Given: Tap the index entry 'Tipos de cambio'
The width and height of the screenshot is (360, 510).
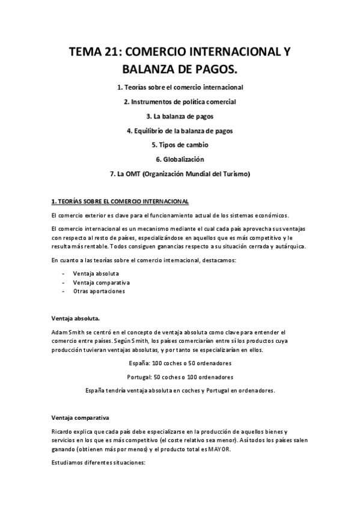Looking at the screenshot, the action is click(x=180, y=144).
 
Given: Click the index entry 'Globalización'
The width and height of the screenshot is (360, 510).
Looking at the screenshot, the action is click(x=180, y=159).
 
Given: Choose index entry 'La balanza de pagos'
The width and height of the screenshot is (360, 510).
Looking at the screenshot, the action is click(x=180, y=115).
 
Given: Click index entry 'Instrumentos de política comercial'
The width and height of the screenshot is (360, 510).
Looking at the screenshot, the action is click(x=180, y=101).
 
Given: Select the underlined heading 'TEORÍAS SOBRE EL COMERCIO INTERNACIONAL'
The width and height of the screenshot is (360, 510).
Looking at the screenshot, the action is click(x=124, y=201).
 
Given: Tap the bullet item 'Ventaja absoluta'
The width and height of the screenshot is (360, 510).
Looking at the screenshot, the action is click(x=96, y=274).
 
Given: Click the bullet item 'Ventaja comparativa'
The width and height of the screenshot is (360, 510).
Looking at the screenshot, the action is click(x=102, y=282).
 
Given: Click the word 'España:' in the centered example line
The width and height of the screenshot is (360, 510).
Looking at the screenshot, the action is click(x=141, y=363).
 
